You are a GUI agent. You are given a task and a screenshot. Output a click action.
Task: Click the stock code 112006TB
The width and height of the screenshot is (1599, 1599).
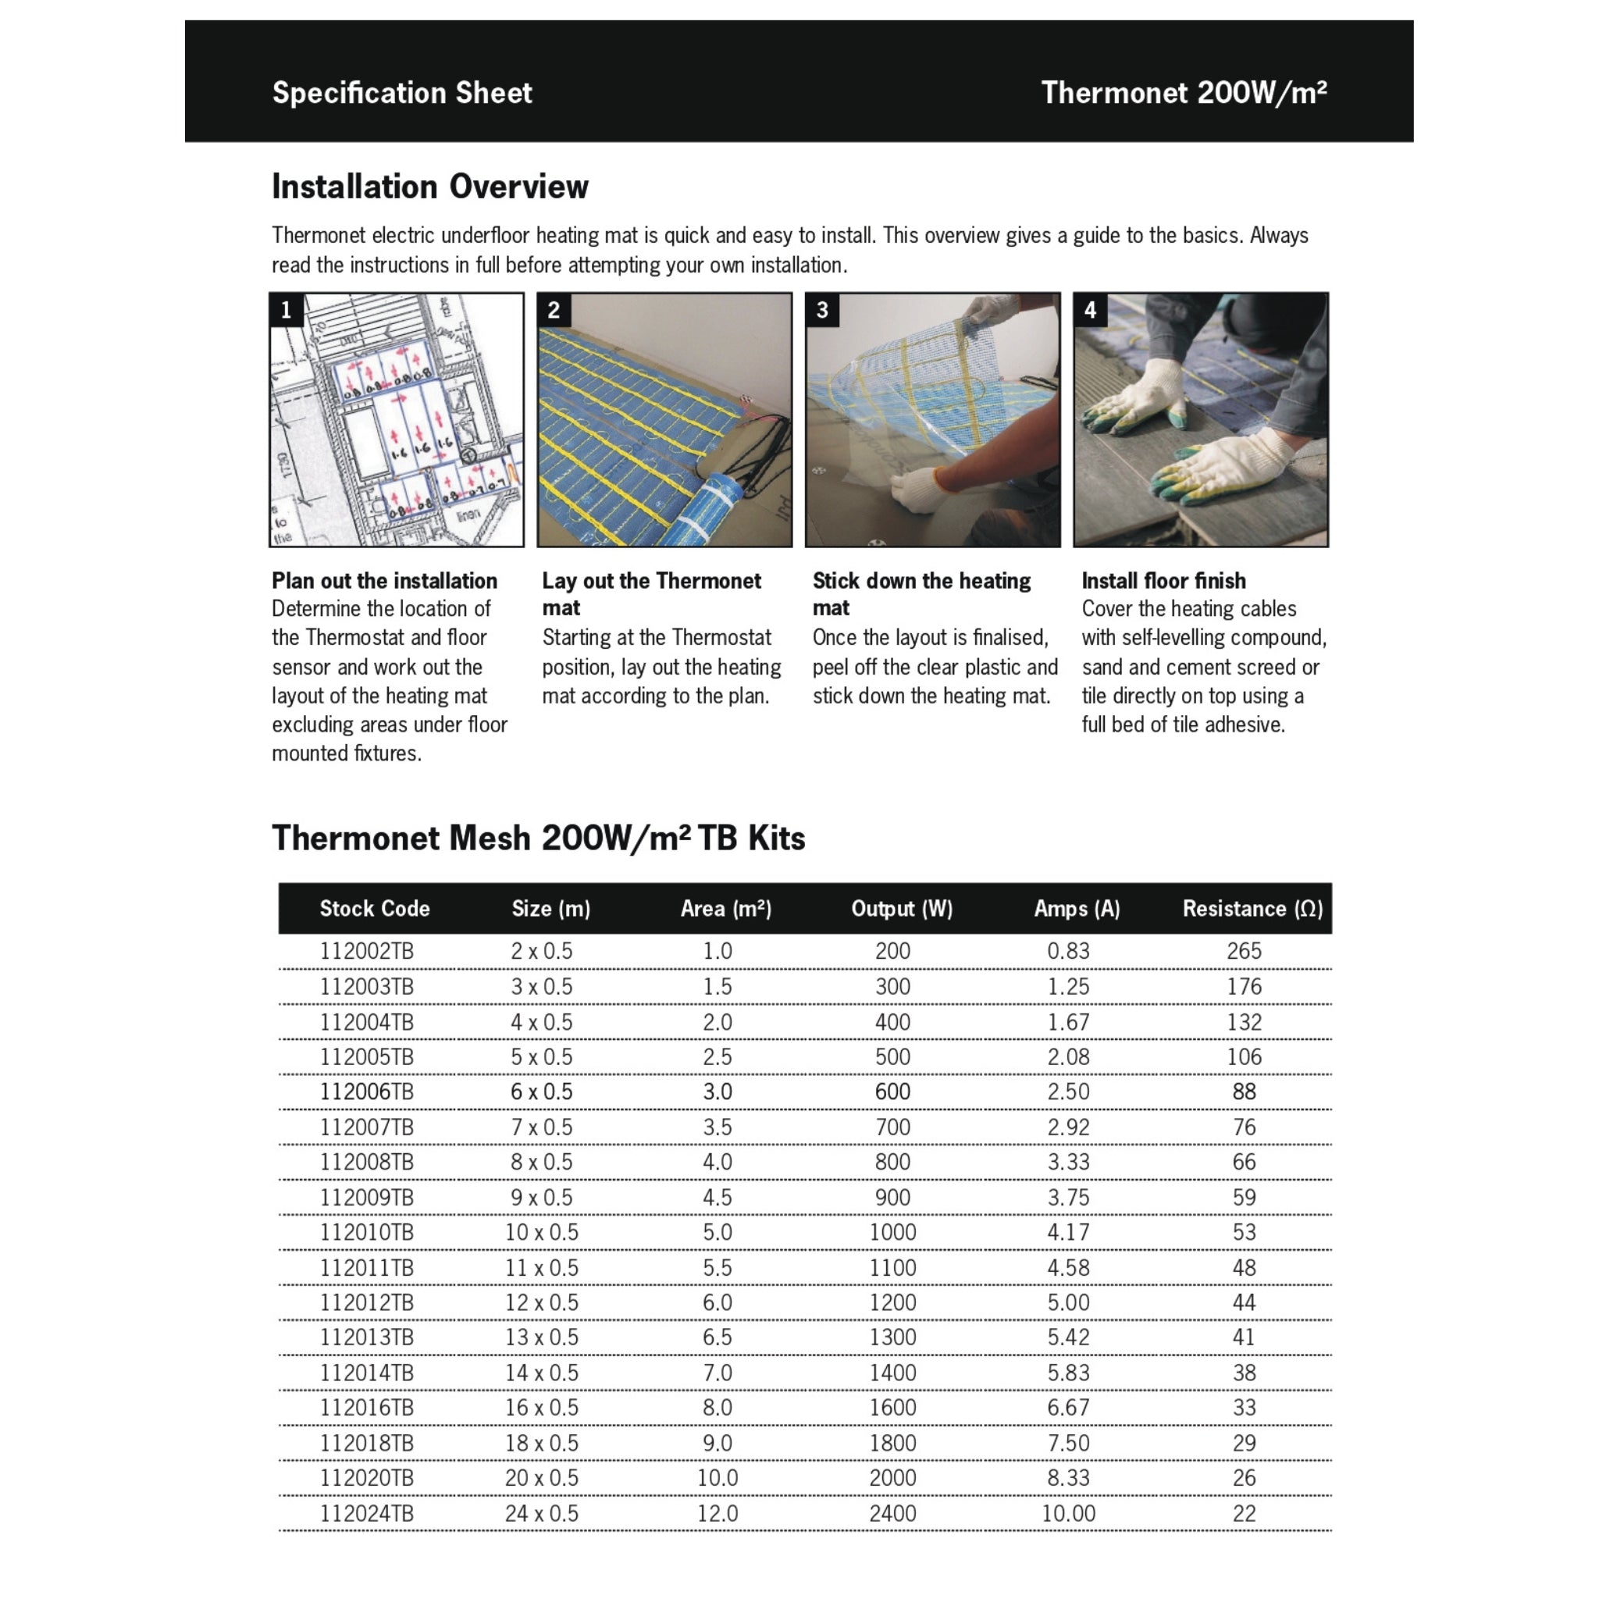(x=366, y=1092)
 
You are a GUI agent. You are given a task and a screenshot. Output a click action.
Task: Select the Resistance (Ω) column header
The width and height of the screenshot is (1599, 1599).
(x=1252, y=909)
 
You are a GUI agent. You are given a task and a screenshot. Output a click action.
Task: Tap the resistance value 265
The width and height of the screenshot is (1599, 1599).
(x=1243, y=951)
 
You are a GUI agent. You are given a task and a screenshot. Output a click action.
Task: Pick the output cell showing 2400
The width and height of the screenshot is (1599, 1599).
(x=892, y=1514)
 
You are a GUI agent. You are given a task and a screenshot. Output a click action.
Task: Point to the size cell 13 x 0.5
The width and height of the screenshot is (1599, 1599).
(x=541, y=1337)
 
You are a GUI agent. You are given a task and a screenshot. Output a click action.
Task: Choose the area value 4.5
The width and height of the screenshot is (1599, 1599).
(x=717, y=1198)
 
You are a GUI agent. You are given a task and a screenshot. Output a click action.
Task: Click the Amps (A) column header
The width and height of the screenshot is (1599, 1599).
(x=1076, y=909)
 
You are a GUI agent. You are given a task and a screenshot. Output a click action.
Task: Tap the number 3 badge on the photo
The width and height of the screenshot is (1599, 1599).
(x=822, y=311)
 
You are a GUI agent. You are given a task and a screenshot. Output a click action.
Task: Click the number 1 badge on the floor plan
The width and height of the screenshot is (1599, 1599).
(x=287, y=311)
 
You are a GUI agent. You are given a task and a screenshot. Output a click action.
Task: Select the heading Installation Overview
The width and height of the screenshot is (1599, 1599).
(x=429, y=187)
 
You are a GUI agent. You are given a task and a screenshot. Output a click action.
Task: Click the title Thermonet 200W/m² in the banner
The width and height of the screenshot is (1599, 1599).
(x=1184, y=93)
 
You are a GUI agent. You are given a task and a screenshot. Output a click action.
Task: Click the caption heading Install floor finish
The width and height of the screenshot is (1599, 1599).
(x=1163, y=580)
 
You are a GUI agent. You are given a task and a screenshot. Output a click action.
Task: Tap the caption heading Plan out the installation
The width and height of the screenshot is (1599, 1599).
(x=384, y=580)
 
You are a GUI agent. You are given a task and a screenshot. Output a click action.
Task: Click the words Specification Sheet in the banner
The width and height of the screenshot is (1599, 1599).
(x=402, y=93)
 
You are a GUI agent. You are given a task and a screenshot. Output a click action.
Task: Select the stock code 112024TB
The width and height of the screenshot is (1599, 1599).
(x=366, y=1514)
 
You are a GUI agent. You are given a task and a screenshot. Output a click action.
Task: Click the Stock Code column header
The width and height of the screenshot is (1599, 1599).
(x=374, y=909)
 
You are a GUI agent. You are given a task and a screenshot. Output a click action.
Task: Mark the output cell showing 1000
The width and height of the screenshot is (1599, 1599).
(x=892, y=1232)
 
